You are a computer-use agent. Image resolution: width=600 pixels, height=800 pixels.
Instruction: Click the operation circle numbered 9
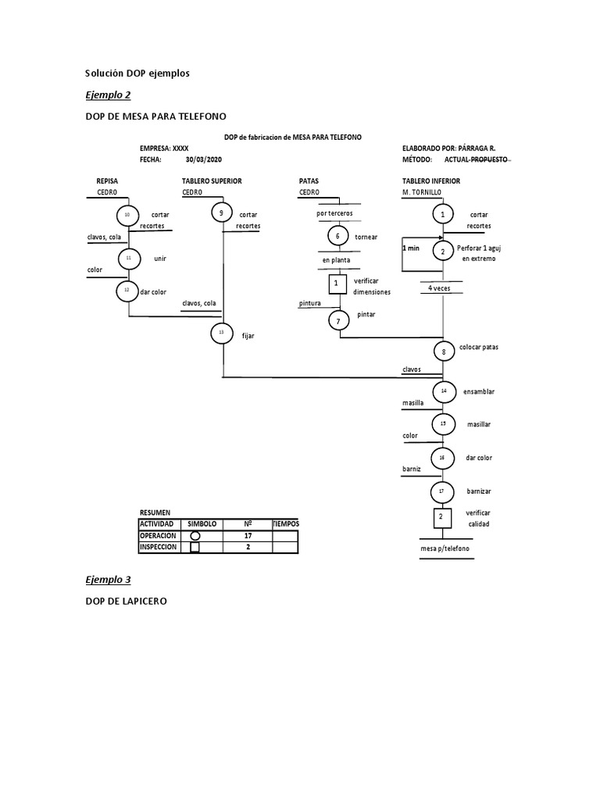pos(222,213)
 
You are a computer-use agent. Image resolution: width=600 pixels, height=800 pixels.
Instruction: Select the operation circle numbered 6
pos(337,236)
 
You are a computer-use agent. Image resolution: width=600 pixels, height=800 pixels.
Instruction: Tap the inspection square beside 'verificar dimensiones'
pos(337,284)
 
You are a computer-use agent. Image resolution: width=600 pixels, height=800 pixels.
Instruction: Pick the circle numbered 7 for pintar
pos(338,320)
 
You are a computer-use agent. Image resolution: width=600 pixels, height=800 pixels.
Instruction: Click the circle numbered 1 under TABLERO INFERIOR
pos(443,213)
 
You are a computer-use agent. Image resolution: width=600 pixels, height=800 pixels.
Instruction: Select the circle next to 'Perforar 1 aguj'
pos(443,252)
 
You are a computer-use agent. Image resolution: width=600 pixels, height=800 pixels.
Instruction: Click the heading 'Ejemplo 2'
pos(108,95)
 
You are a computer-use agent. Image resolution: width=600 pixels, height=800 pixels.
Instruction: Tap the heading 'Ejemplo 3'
pos(108,580)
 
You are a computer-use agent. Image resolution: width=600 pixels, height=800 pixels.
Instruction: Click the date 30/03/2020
pos(204,158)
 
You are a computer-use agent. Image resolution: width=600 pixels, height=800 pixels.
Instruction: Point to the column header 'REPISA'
pos(107,180)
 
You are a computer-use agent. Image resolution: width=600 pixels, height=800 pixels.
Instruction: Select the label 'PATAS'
pos(309,180)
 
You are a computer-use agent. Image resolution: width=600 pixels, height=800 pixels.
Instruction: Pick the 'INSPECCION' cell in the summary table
pos(158,547)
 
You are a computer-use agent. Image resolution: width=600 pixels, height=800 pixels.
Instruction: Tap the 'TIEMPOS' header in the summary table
pos(285,523)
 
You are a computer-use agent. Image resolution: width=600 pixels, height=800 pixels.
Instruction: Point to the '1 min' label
pos(410,248)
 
